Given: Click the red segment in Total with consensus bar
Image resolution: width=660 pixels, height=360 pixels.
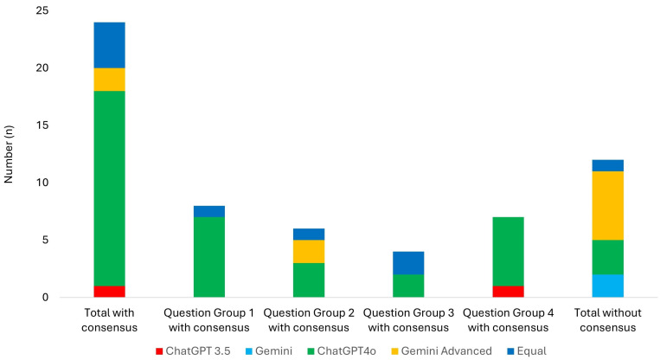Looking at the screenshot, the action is point(110,292).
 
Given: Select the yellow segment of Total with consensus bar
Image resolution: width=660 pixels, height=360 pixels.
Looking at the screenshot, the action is point(110,80).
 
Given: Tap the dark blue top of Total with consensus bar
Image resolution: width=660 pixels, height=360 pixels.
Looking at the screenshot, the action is point(110,45).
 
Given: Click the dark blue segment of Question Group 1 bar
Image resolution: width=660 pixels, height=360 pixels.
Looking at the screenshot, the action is point(209,211).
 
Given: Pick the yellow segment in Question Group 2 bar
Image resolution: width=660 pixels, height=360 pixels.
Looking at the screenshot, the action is point(309,251).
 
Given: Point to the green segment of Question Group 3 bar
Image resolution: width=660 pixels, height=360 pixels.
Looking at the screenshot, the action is point(408,286).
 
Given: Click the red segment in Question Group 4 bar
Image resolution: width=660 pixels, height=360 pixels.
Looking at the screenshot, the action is point(509,292).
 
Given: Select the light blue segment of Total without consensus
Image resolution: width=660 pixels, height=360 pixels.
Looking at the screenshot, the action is point(608,286).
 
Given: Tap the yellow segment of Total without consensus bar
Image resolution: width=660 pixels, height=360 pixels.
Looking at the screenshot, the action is point(608,205).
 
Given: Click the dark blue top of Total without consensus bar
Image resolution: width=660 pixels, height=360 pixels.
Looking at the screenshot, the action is point(608,165).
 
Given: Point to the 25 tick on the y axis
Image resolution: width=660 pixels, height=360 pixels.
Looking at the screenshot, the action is point(42,10).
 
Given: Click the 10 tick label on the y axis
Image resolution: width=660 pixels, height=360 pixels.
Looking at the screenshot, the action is point(42,183).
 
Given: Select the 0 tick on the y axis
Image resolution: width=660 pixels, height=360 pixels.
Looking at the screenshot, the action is point(45,298).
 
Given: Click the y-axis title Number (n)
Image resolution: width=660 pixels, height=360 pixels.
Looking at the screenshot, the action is point(9,154).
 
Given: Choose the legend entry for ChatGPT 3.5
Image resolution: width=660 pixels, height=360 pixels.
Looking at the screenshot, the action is point(193,351).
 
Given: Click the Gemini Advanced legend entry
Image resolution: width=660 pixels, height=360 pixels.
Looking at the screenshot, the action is point(441,351).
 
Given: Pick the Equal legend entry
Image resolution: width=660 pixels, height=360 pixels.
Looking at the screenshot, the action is point(527,351).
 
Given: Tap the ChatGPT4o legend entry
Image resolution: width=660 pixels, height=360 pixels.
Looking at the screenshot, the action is point(342,351).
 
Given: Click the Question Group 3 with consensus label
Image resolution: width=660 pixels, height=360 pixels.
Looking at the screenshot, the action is point(408,320).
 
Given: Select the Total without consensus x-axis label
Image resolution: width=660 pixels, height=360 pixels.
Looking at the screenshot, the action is point(608,320).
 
